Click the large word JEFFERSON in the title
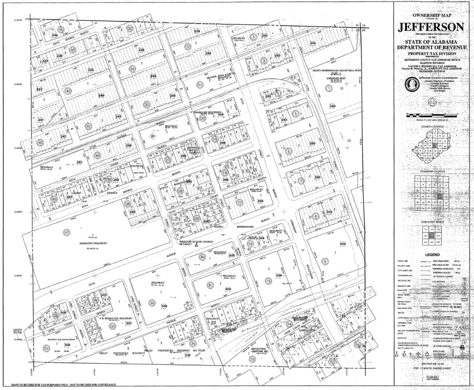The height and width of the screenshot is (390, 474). pyautogui.click(x=431, y=27)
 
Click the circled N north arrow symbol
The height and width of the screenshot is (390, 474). pyautogui.click(x=432, y=102)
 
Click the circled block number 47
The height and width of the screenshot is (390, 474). pyautogui.click(x=66, y=233)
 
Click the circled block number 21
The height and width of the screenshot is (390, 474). pyautogui.click(x=200, y=85)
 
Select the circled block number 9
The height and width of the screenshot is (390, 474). pyautogui.click(x=325, y=261)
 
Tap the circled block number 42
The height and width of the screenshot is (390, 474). pyautogui.click(x=68, y=91)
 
